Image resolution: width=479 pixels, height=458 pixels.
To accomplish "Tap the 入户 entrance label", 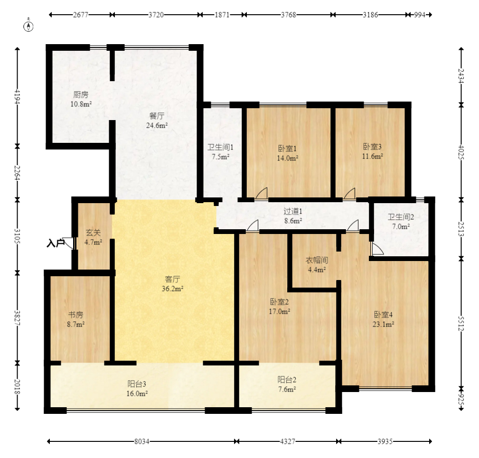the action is [x=56, y=243].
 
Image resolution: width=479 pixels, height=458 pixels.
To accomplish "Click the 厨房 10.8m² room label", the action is [x=81, y=99].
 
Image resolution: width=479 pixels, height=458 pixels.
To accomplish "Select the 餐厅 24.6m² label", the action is [x=157, y=121].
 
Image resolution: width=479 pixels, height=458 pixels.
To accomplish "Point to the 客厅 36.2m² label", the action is [x=173, y=284].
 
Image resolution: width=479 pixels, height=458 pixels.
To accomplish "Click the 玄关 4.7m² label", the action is [x=93, y=238].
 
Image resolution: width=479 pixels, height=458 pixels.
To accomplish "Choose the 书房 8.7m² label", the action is [x=76, y=319].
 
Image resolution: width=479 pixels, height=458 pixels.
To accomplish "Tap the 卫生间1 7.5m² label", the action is [x=221, y=152].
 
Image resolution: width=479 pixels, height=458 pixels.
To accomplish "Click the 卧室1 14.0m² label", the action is [x=288, y=153].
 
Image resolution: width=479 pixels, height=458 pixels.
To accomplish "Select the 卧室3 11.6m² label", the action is [x=372, y=151].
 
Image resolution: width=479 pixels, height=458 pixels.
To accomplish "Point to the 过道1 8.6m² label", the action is [x=293, y=216].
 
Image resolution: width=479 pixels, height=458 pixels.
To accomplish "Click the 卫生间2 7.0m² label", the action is [x=401, y=222].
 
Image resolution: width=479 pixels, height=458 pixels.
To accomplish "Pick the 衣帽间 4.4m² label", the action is [x=317, y=265].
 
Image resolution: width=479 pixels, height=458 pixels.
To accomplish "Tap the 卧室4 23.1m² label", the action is [x=384, y=319].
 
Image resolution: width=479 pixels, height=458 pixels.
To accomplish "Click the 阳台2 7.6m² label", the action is [x=287, y=384].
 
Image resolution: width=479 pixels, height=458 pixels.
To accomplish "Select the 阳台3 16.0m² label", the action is [x=137, y=388].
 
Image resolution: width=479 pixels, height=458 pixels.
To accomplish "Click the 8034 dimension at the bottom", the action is [x=142, y=441].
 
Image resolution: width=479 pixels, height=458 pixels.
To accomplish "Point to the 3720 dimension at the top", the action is [x=156, y=15].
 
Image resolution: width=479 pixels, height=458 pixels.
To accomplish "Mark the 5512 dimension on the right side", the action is [x=461, y=324].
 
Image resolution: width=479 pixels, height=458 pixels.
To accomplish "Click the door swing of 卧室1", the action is [x=262, y=194].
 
